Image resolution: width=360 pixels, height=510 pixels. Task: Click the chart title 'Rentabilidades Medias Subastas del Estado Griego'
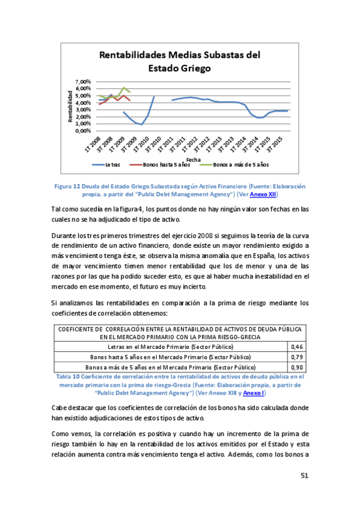(x=179, y=62)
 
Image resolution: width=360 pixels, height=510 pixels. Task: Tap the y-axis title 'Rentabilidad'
(x=70, y=106)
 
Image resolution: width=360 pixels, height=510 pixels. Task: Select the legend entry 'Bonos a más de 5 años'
(x=240, y=164)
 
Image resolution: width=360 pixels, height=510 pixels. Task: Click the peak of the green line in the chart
(x=123, y=88)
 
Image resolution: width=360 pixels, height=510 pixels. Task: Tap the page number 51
(x=304, y=476)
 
